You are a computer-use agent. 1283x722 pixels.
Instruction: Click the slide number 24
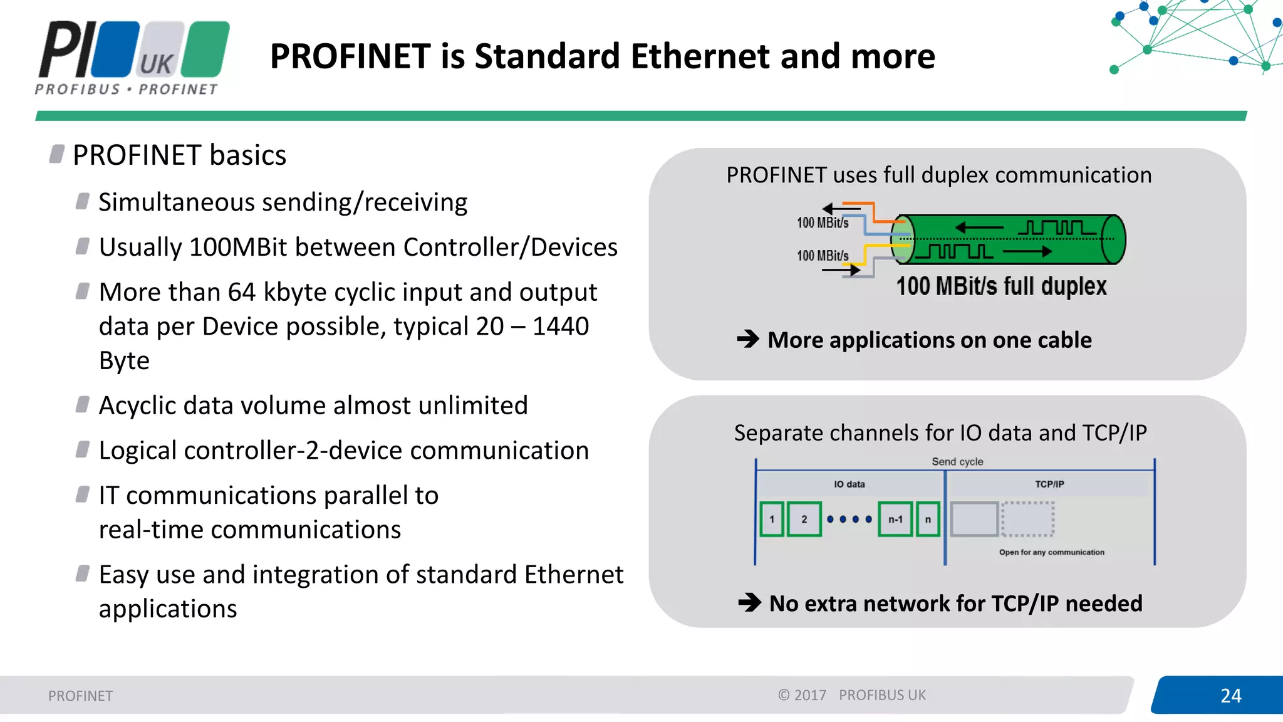tap(1230, 696)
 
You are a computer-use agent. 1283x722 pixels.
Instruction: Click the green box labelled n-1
tap(895, 519)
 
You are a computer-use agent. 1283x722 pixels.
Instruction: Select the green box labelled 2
tap(804, 519)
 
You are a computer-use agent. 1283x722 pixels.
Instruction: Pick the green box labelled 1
tap(772, 519)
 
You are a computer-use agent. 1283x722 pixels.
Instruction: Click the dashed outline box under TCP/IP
tap(1027, 519)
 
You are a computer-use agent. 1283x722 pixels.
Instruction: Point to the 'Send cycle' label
tap(957, 462)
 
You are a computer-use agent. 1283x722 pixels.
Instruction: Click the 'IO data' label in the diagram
tap(849, 484)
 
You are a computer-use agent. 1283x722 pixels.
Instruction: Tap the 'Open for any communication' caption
tap(1051, 552)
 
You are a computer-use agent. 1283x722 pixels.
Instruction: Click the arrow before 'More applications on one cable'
tap(748, 339)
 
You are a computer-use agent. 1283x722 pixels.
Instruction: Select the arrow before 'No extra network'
tap(749, 603)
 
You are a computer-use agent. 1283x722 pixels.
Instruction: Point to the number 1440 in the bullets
tap(561, 327)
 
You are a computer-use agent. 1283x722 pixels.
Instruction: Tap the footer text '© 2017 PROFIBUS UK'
tap(852, 695)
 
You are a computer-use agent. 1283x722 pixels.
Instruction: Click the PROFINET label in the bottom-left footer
tap(80, 696)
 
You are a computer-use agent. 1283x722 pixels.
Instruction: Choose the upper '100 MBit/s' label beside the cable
tap(822, 223)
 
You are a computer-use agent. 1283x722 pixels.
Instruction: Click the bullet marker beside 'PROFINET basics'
tap(57, 154)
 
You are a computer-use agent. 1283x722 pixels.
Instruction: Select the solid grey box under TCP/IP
tap(974, 519)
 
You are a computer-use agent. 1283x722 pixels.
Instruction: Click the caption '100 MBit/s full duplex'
tap(1001, 286)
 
